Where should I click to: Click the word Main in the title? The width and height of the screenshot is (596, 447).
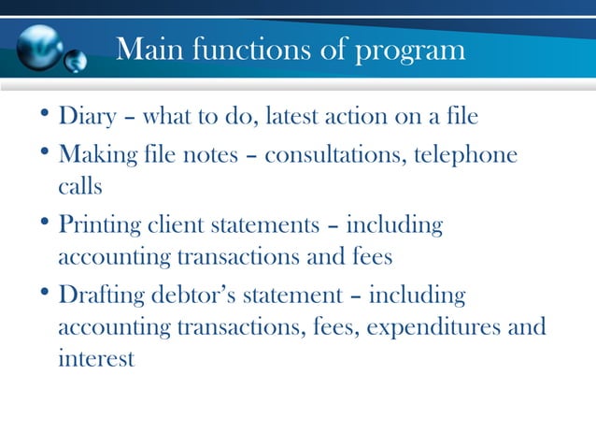coord(148,49)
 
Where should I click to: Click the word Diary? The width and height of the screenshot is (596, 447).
coord(88,118)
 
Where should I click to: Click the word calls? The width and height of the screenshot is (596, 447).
coord(79,186)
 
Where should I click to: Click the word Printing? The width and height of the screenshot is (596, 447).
coord(99,226)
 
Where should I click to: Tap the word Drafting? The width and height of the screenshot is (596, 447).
coord(99,296)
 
